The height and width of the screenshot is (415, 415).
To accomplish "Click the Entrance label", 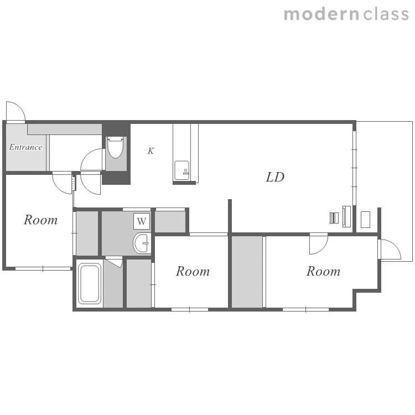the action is (25, 147).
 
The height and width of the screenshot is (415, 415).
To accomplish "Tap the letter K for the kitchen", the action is (151, 151).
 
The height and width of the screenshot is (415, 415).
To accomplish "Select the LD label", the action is (275, 177).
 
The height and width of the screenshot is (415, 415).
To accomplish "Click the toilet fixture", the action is (116, 147).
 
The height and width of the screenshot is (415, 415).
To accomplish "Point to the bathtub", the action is (90, 283).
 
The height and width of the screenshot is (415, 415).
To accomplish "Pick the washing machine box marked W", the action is (142, 221).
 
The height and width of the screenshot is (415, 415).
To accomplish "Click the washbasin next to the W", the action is (142, 243).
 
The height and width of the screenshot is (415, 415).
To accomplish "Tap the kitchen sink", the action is (182, 170).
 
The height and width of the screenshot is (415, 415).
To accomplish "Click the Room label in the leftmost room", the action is (40, 220).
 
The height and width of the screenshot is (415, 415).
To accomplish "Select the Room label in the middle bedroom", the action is (193, 271).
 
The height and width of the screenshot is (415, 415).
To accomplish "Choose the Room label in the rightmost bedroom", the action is (323, 271).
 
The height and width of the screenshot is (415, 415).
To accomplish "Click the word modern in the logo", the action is (321, 14).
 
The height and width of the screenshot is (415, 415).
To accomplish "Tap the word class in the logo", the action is (386, 14).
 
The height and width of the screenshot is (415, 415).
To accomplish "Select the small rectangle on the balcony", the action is (366, 220).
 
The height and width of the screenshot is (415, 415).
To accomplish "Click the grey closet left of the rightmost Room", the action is (247, 272).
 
